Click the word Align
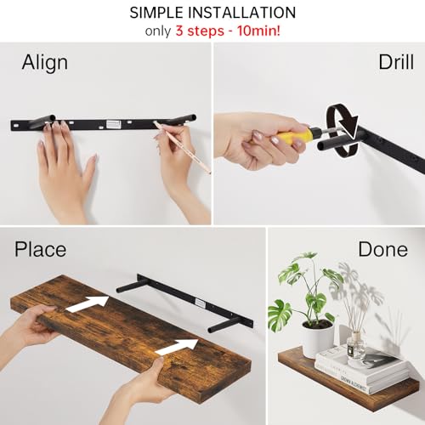coord(45,62)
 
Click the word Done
coord(382,250)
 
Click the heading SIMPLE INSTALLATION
coord(212,13)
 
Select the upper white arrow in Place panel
coord(89,303)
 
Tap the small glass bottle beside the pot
coord(356,346)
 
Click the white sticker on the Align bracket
coord(114,124)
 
